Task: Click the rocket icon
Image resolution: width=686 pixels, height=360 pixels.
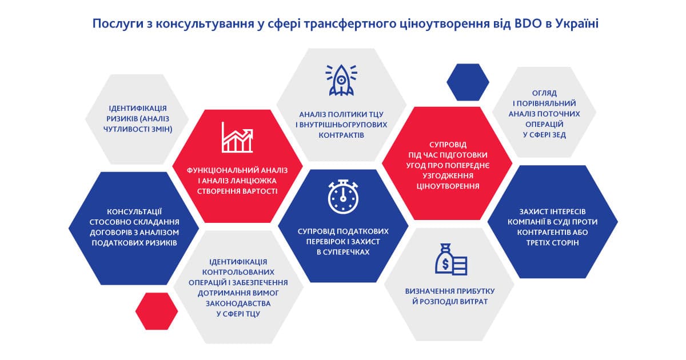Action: click(341, 80)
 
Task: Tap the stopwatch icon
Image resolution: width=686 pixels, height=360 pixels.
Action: click(343, 197)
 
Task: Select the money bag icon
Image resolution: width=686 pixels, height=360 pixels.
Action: click(451, 259)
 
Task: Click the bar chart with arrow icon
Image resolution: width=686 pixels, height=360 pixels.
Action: click(237, 138)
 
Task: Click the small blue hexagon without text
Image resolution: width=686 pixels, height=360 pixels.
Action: click(468, 82)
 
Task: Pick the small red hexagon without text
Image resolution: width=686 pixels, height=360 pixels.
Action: click(157, 311)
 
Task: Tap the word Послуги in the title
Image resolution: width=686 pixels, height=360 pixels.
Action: click(118, 24)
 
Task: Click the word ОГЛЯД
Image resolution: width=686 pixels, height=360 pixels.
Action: click(544, 93)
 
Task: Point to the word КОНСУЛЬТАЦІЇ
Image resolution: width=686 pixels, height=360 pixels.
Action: click(134, 211)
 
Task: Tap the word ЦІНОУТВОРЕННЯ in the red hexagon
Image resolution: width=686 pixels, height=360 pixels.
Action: click(448, 186)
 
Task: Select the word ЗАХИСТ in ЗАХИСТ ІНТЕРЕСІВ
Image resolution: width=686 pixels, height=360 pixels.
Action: click(532, 212)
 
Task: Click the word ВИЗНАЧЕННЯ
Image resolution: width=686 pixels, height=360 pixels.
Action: click(426, 291)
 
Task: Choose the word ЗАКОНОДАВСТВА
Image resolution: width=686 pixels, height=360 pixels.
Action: click(238, 303)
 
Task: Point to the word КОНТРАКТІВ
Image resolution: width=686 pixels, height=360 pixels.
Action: click(341, 135)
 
